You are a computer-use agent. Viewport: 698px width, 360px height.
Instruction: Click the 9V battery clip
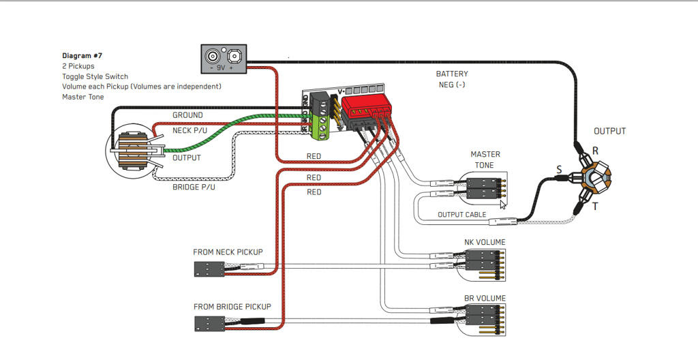tap(223, 59)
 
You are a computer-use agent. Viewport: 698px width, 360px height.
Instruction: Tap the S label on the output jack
tap(559, 168)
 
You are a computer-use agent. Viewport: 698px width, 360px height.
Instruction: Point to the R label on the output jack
tap(595, 150)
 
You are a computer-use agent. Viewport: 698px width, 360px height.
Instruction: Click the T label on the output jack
tap(595, 206)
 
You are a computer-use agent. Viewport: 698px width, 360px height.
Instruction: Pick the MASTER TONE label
tap(485, 160)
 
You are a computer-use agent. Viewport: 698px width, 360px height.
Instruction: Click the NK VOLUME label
tap(485, 242)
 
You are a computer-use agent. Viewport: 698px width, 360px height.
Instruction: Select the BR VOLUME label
tap(485, 298)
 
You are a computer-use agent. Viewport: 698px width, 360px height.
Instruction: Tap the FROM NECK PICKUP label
tap(228, 252)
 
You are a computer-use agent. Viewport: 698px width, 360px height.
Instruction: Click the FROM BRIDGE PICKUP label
tap(232, 307)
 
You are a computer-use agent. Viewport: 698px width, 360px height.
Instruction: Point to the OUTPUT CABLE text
tap(462, 215)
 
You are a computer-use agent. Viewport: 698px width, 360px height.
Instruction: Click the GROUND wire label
tap(187, 115)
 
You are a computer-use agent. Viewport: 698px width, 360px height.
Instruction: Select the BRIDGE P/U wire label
tap(194, 187)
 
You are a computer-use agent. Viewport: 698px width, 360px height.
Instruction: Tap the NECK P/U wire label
tap(191, 130)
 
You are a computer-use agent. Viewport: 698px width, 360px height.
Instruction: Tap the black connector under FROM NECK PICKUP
tap(209, 269)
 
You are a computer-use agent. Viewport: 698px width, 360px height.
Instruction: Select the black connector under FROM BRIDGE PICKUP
tap(209, 322)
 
